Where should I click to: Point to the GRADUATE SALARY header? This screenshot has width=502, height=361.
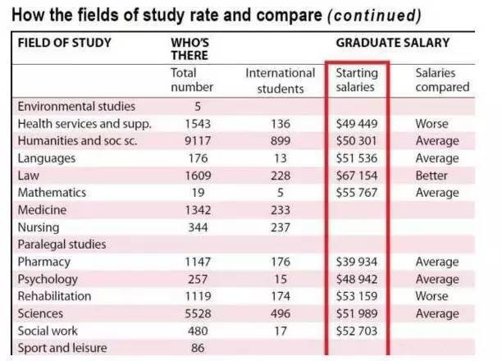[x=392, y=42]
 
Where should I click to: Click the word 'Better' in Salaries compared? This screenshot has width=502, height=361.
[x=432, y=176]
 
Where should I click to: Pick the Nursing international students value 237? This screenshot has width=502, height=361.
[x=281, y=227]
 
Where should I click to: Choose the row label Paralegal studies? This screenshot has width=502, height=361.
[x=63, y=244]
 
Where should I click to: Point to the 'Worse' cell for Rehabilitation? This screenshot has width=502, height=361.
[x=432, y=296]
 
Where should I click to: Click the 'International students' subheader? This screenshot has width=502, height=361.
[x=281, y=80]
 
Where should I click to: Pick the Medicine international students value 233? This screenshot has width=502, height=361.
[x=281, y=210]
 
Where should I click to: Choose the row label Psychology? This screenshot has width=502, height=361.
[x=49, y=279]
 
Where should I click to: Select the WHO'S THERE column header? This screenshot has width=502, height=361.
[x=189, y=48]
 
